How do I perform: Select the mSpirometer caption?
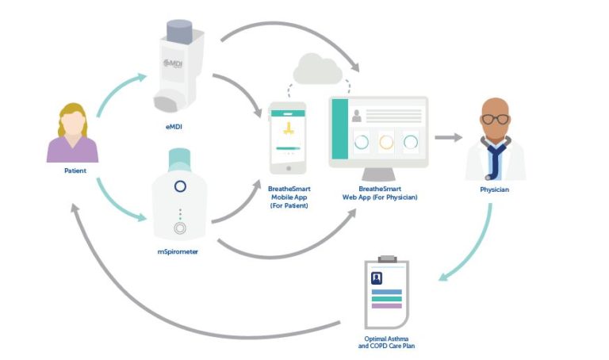pyautogui.click(x=177, y=251)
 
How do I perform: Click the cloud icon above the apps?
pyautogui.click(x=316, y=70)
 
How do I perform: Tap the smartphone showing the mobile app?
pyautogui.click(x=288, y=137)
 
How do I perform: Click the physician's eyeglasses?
pyautogui.click(x=496, y=120)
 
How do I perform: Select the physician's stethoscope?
pyautogui.click(x=496, y=159)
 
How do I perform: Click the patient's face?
pyautogui.click(x=73, y=123)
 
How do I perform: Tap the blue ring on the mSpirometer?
pyautogui.click(x=179, y=186)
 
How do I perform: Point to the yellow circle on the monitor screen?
pyautogui.click(x=386, y=143)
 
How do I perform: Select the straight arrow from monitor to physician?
pyautogui.click(x=449, y=137)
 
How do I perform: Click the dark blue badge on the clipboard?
pyautogui.click(x=377, y=278)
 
